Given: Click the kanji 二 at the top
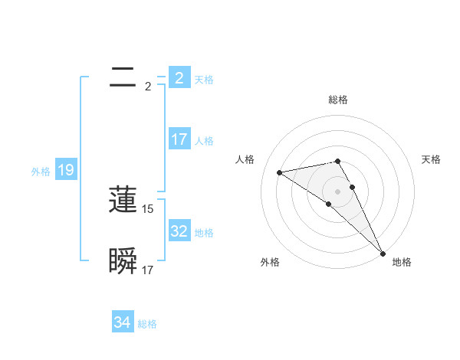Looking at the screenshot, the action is (x=123, y=77).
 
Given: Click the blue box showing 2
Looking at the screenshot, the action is (x=179, y=77).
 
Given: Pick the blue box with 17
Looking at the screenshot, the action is (x=179, y=139).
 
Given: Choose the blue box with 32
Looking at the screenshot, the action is (x=179, y=231).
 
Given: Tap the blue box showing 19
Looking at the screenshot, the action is (x=66, y=170).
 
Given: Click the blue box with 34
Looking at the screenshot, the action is (x=123, y=322).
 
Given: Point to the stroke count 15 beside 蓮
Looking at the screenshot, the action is (x=148, y=208).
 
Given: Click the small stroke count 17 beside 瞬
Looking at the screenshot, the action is (x=148, y=270).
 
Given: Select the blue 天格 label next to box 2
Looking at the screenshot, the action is (x=204, y=80).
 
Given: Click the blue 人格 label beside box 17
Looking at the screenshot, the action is (x=204, y=141).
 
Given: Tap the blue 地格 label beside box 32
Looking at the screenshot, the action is (x=204, y=233).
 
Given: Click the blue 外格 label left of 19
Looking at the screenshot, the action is (x=41, y=172).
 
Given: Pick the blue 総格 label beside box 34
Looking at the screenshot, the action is (x=147, y=324).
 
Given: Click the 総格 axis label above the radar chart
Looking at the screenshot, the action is (x=338, y=100).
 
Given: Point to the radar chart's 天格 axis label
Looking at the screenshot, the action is (x=431, y=159).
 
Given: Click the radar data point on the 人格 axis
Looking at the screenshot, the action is (x=280, y=172).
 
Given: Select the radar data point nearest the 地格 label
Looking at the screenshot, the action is (x=383, y=251).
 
